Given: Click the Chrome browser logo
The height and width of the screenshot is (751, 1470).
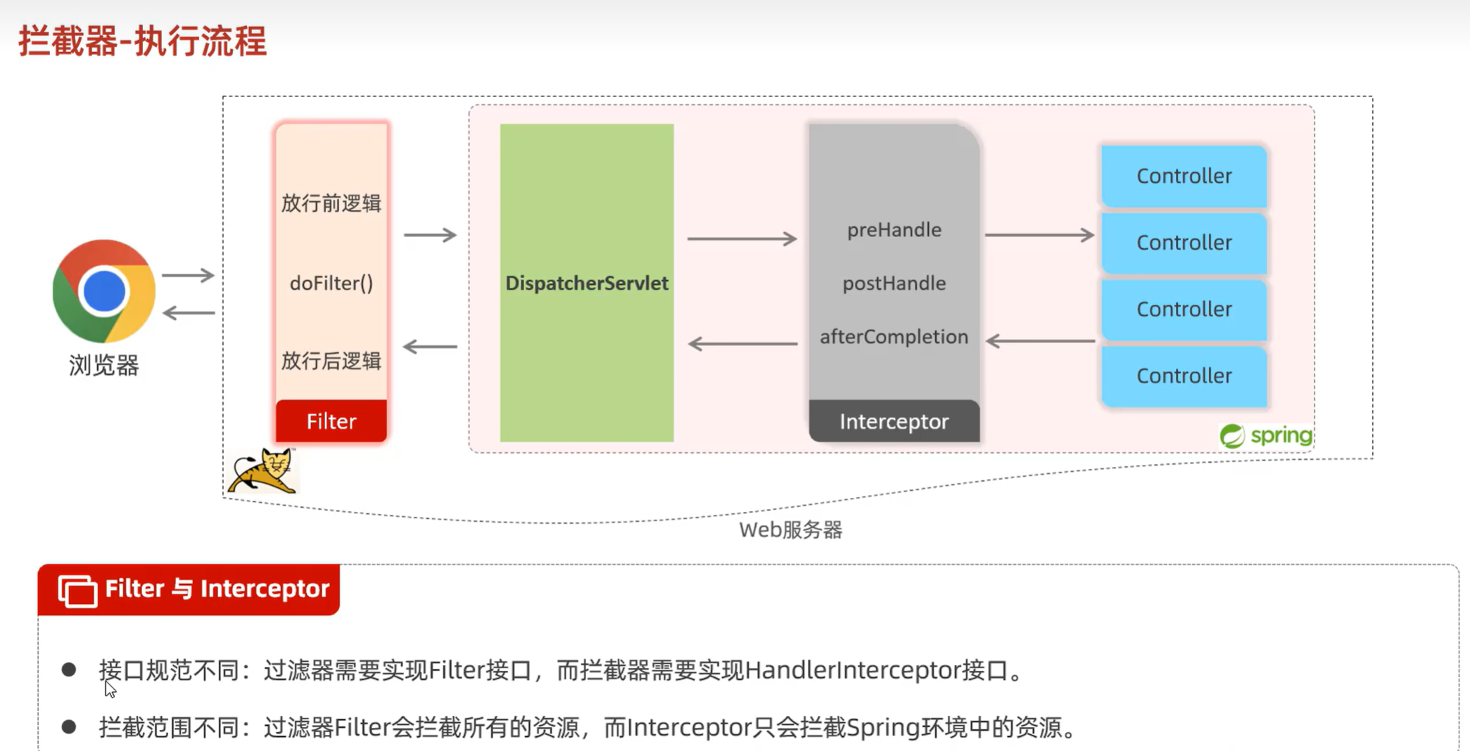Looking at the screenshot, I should point(104,290).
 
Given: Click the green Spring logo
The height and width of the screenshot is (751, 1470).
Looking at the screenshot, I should point(1266,435).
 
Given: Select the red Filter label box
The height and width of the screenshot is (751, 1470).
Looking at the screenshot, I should point(331,421).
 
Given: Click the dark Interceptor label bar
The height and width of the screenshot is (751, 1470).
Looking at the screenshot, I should point(894,421).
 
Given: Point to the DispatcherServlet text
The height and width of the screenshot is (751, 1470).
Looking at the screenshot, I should point(586,283).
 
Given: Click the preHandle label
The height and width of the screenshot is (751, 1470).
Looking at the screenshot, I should point(894,230).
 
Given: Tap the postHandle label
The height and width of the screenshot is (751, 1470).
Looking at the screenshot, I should point(894,283).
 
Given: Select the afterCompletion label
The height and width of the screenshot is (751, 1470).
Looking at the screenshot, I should point(894,337).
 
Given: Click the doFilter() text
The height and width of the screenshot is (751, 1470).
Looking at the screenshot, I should point(331,283).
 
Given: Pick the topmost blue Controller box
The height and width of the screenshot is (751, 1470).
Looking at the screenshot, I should point(1184,176).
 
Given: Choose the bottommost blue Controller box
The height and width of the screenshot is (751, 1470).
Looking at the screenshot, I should point(1184,375).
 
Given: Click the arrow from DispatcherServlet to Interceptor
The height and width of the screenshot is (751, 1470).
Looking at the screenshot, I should point(742,239).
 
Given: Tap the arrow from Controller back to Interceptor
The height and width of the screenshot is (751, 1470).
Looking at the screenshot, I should point(1040,341).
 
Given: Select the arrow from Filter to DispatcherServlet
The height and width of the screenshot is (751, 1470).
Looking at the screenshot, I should point(430,235).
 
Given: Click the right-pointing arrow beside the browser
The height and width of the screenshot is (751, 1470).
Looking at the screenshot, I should point(187,275).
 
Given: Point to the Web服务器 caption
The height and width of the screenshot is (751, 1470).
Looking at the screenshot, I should point(790,529).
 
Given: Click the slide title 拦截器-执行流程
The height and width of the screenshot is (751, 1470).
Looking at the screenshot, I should point(143,41).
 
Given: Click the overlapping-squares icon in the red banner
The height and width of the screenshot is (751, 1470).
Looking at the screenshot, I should point(77,589).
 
